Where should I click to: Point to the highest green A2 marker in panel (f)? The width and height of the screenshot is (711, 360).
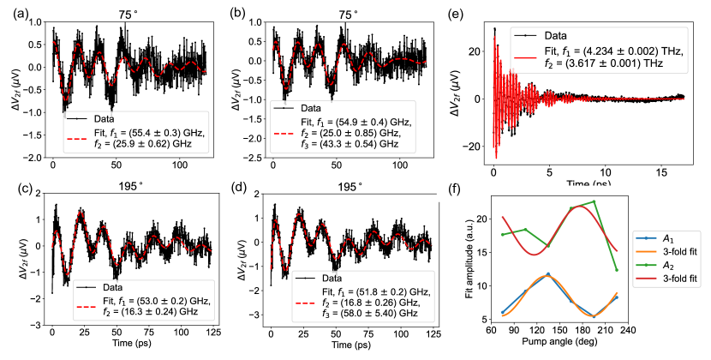point(594,202)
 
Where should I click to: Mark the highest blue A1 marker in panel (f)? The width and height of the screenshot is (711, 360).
point(548,274)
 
